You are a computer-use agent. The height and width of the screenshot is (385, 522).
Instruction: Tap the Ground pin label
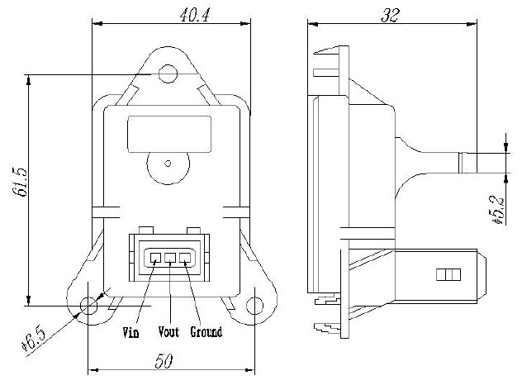click(x=206, y=332)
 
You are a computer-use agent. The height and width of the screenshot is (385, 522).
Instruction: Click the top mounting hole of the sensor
click(x=168, y=75)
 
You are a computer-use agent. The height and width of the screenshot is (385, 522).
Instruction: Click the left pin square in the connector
click(x=155, y=258)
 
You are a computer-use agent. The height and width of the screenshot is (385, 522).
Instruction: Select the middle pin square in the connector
click(x=170, y=258)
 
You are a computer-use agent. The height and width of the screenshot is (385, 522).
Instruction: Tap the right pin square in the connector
click(x=185, y=258)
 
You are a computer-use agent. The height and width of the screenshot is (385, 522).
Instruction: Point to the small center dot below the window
click(x=168, y=163)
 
